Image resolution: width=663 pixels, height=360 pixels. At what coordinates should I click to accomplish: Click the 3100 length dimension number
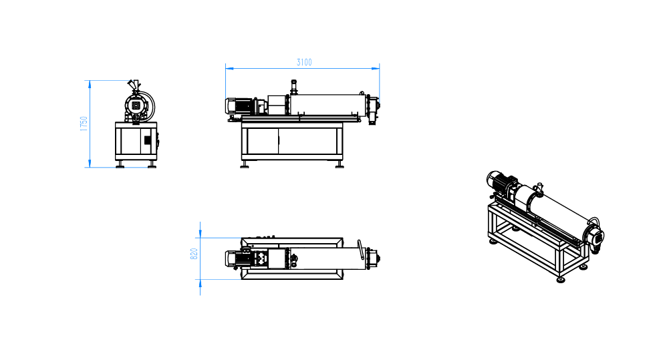(x=304, y=62)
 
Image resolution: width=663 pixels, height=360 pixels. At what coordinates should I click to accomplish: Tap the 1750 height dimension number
(x=84, y=124)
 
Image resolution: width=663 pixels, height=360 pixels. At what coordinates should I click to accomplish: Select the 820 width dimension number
(x=194, y=254)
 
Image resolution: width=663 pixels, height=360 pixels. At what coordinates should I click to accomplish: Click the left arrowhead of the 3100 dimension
(x=229, y=67)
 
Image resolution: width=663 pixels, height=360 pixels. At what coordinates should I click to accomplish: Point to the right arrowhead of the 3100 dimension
(x=376, y=67)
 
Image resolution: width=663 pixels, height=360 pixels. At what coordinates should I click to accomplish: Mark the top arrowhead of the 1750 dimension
(x=90, y=84)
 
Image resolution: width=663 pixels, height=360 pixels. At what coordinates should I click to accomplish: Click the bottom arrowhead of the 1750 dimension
(x=90, y=164)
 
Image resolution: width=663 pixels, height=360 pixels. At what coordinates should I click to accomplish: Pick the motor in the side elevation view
(x=239, y=106)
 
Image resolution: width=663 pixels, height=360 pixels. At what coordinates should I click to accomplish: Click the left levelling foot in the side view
(x=245, y=165)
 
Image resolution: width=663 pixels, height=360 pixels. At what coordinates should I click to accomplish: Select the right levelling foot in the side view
(x=340, y=165)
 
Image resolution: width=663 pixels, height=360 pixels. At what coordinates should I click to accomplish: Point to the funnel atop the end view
(x=134, y=85)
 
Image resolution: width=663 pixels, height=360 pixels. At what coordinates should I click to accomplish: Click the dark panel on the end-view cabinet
(x=148, y=140)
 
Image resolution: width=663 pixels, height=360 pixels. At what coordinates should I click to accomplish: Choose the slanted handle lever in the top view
(x=360, y=250)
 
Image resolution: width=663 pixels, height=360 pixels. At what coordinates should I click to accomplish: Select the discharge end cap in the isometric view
(x=595, y=237)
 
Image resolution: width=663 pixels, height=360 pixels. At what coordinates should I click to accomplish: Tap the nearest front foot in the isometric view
(x=561, y=279)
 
